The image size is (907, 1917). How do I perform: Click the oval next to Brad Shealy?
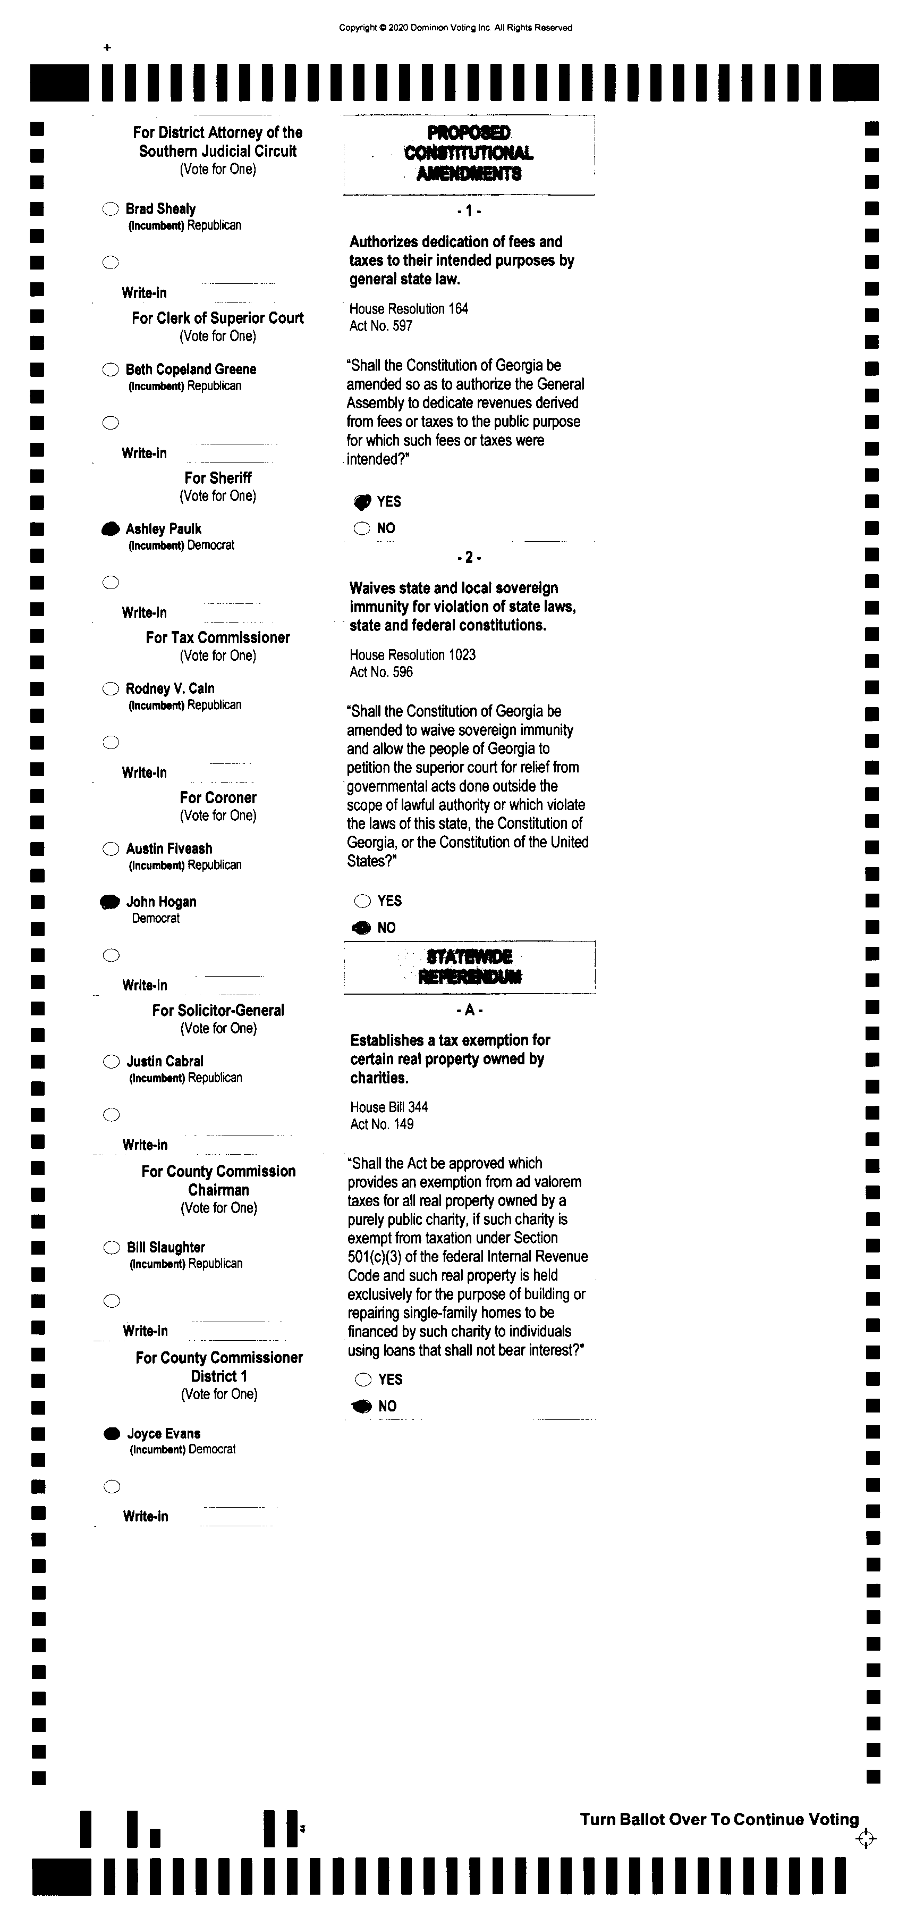coord(110,209)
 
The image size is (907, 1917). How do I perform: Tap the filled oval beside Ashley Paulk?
coord(110,529)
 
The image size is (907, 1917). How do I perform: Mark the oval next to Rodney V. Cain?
coord(110,689)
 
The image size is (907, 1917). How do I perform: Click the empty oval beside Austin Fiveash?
coord(111,849)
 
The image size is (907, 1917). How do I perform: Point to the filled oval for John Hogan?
coord(110,902)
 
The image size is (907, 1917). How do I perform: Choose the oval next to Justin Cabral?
coord(111,1062)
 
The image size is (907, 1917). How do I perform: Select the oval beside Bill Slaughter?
coord(112,1248)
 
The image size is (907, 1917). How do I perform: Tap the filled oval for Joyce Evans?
coord(112,1434)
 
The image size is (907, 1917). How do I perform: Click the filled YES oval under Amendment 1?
coord(362,502)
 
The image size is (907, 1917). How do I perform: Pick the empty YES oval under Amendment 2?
coord(362,901)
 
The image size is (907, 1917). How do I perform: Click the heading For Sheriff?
coord(218,478)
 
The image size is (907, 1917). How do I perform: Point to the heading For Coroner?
coord(218,798)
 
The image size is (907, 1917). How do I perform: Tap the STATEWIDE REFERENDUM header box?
coord(470,966)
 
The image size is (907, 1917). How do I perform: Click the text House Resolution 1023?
coord(412,655)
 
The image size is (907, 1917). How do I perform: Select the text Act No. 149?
coord(382,1124)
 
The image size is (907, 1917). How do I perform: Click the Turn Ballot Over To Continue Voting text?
coord(719,1820)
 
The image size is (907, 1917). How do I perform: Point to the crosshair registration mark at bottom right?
coord(866,1839)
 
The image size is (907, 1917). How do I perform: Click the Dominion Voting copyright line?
coord(455,28)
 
